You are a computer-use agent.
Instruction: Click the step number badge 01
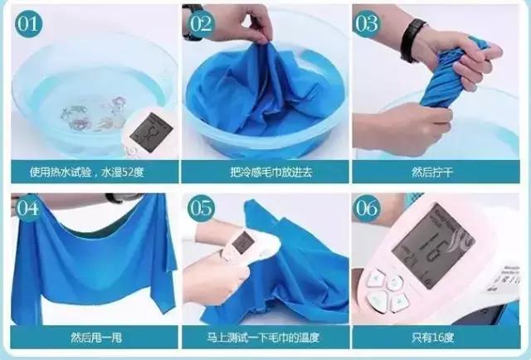click(x=28, y=24)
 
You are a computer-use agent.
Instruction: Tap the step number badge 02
click(x=202, y=24)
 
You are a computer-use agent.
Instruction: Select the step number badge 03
click(x=367, y=24)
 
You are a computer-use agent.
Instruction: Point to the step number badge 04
click(x=28, y=208)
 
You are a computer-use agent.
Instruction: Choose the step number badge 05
click(x=202, y=208)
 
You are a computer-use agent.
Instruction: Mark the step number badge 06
click(x=367, y=208)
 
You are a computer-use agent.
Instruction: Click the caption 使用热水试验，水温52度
click(x=87, y=173)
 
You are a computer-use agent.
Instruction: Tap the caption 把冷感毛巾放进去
click(x=271, y=173)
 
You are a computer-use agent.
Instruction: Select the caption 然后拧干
click(x=431, y=173)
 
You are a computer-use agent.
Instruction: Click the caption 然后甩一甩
click(x=96, y=338)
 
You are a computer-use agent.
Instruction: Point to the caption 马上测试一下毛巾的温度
click(x=263, y=338)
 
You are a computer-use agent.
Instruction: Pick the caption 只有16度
click(x=432, y=338)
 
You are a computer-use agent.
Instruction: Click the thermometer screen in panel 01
click(x=151, y=132)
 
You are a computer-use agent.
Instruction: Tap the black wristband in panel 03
click(x=412, y=41)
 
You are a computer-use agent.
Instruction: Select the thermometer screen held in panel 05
click(x=243, y=242)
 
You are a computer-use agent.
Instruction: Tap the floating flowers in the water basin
click(x=95, y=114)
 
